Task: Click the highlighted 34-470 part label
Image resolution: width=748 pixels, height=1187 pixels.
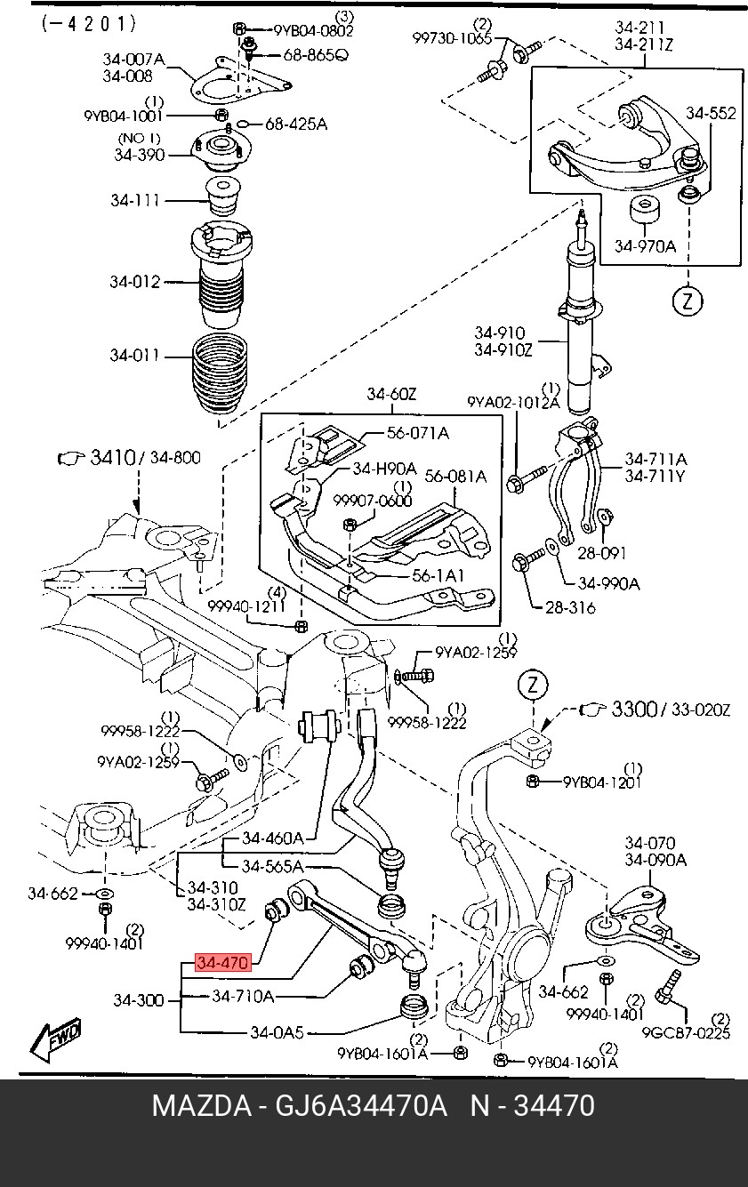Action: pyautogui.click(x=222, y=962)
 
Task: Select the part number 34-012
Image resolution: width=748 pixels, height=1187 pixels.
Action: pyautogui.click(x=134, y=282)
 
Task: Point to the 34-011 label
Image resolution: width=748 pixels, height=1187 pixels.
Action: pyautogui.click(x=134, y=355)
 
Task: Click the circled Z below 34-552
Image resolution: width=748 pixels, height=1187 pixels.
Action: pyautogui.click(x=688, y=301)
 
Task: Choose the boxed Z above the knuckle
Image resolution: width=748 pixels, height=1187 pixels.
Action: pyautogui.click(x=533, y=686)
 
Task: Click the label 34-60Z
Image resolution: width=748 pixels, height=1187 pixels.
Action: pyautogui.click(x=391, y=394)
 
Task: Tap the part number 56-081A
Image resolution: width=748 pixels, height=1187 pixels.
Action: pyautogui.click(x=455, y=477)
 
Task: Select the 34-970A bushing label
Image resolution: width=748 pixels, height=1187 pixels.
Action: pyautogui.click(x=645, y=246)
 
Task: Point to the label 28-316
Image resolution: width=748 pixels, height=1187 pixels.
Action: pyautogui.click(x=570, y=607)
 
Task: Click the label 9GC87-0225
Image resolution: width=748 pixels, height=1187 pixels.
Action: pyautogui.click(x=686, y=1033)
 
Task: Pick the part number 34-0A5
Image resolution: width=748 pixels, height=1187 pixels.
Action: pyautogui.click(x=277, y=1032)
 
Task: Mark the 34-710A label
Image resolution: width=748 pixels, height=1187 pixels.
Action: pyautogui.click(x=243, y=996)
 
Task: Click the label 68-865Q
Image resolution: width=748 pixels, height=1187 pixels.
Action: pyautogui.click(x=316, y=54)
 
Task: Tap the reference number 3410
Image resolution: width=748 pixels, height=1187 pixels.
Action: pyautogui.click(x=113, y=457)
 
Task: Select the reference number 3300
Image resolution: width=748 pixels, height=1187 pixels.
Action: pyautogui.click(x=633, y=709)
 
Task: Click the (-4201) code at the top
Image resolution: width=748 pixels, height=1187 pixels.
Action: pyautogui.click(x=89, y=24)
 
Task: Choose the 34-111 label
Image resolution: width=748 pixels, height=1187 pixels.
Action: pyautogui.click(x=134, y=200)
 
